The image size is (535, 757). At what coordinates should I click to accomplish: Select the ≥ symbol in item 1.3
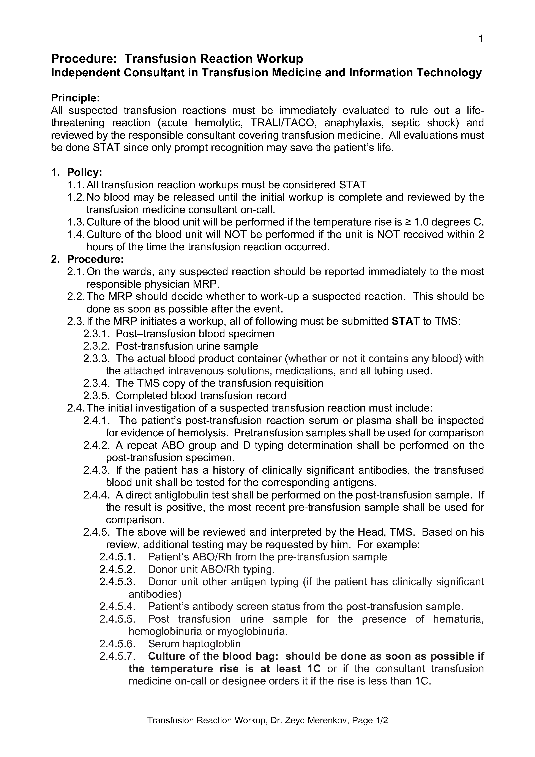tap(408, 222)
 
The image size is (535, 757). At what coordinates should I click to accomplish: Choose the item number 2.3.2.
tap(96, 346)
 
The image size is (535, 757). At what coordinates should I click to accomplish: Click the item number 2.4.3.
tap(96, 470)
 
